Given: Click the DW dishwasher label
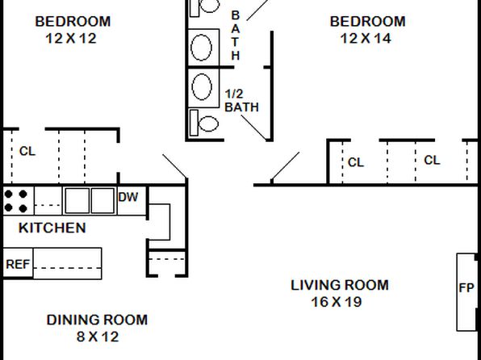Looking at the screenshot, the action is coord(128,197).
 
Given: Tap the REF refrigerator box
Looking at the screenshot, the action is coord(18,263).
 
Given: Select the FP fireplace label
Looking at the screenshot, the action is coord(466,288).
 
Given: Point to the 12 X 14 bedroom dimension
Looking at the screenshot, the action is coord(366,39).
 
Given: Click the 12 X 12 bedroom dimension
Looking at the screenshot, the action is coord(71,39).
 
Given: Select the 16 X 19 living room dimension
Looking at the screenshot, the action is coord(337,302).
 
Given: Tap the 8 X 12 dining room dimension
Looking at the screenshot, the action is coord(98,337).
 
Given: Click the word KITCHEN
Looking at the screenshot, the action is coord(52,228).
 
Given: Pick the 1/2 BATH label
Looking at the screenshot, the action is coord(242,101).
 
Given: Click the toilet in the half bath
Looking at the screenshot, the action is coord(204,123).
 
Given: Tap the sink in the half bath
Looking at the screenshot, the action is coord(202,87).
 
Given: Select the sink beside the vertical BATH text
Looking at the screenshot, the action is coord(201,48).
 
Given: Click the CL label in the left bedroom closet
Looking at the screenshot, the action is coord(27,151).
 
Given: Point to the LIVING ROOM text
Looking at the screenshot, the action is coord(340,285).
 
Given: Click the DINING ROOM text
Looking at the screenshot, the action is coord(97,320).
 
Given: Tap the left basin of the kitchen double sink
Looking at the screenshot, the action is coord(77,201).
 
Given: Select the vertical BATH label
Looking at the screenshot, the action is coord(236,36).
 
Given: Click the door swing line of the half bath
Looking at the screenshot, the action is coord(253,128).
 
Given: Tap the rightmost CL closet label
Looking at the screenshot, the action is coord(432,160).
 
